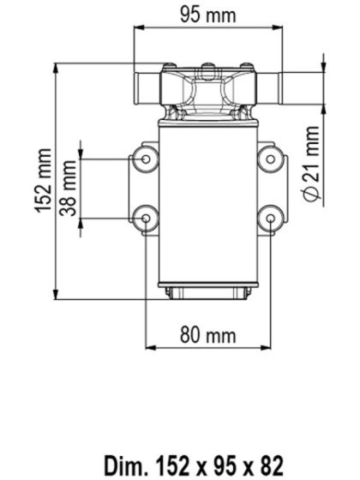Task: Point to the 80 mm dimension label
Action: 207,334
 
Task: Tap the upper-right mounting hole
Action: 271,158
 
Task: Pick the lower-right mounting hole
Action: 271,219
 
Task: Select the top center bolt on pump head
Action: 208,67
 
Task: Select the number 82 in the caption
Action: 269,465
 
